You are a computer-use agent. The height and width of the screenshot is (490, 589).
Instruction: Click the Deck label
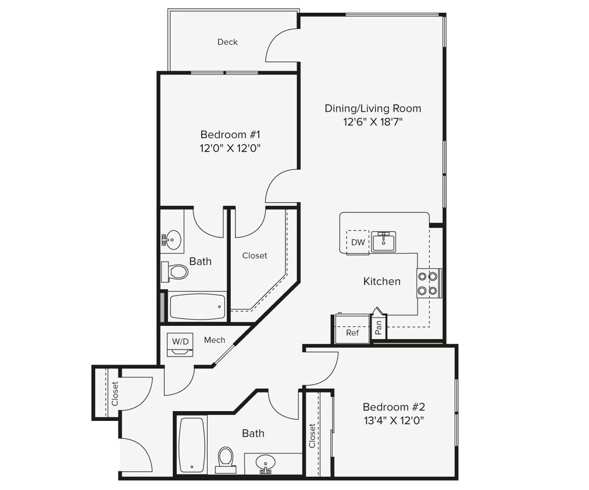[x=227, y=42]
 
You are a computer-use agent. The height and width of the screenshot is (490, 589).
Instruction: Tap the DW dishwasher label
[x=358, y=243]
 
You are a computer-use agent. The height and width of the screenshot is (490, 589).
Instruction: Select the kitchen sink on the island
[x=384, y=241]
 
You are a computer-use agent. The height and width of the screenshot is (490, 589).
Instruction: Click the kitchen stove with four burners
[x=429, y=284]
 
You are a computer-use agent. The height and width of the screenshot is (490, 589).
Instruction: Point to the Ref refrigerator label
[x=352, y=333]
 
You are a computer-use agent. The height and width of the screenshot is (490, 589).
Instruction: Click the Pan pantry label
[x=379, y=329]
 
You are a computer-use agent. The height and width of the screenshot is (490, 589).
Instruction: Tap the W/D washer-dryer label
[x=179, y=340]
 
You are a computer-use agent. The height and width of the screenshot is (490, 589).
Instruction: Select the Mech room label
[x=214, y=340]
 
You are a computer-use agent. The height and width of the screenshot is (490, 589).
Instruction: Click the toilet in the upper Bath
[x=176, y=271]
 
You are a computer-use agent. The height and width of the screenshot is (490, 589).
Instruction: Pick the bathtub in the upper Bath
[x=197, y=306]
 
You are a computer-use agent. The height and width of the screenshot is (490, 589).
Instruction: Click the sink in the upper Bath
[x=173, y=239]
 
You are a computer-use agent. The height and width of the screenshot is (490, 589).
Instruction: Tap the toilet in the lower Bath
[x=225, y=457]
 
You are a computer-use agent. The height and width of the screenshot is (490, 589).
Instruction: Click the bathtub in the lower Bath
[x=191, y=444]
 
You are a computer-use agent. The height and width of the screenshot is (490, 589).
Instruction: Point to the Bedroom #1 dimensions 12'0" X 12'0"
[x=230, y=148]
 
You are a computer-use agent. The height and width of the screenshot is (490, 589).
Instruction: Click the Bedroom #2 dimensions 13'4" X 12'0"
[x=393, y=420]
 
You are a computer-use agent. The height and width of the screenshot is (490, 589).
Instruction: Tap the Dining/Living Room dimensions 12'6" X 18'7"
[x=373, y=122]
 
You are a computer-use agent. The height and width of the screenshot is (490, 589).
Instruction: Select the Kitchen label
[x=382, y=282]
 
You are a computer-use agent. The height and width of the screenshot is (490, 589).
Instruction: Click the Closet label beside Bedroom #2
[x=313, y=436]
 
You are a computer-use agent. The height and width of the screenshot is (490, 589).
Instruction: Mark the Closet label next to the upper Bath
[x=255, y=255]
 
